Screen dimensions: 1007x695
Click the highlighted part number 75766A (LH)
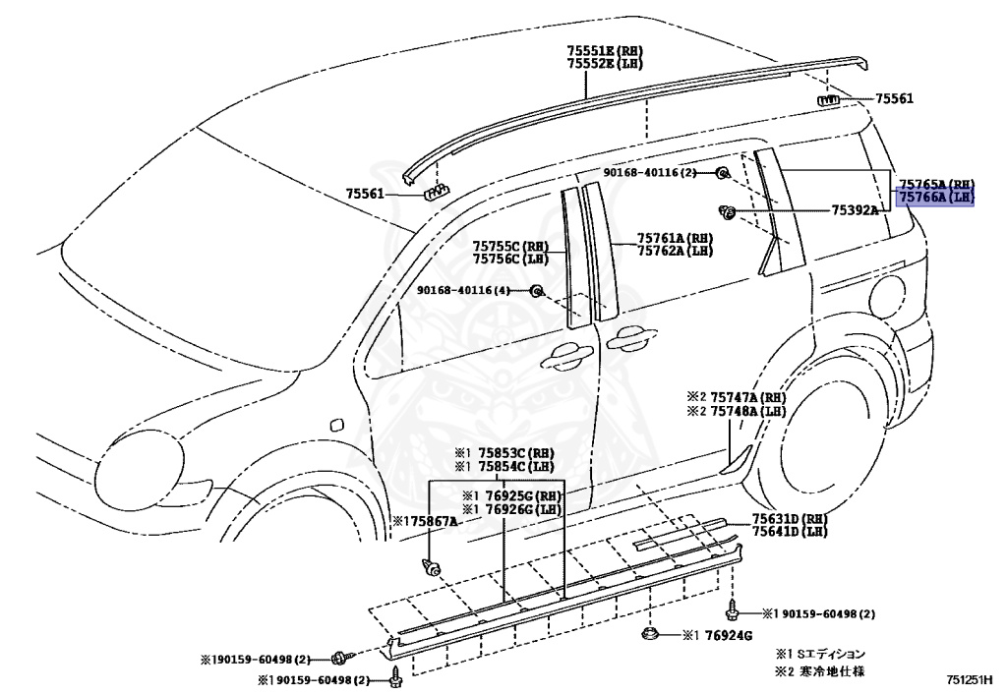(936, 199)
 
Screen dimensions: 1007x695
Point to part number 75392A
(855, 209)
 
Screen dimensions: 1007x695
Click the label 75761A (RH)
(675, 238)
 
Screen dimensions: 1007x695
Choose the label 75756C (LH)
(511, 259)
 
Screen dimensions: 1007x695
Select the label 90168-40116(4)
(463, 291)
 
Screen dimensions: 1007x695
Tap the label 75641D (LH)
(790, 532)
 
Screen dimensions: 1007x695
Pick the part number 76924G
(729, 635)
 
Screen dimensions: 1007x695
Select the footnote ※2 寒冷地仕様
(820, 671)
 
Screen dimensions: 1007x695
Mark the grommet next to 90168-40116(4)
(536, 291)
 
